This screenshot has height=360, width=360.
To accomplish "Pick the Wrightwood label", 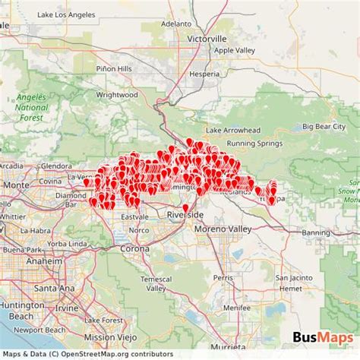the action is pos(117,95).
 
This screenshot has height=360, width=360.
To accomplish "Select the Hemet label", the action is pos(289,288).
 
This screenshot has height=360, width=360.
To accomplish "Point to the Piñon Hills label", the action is pos(114,68).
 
